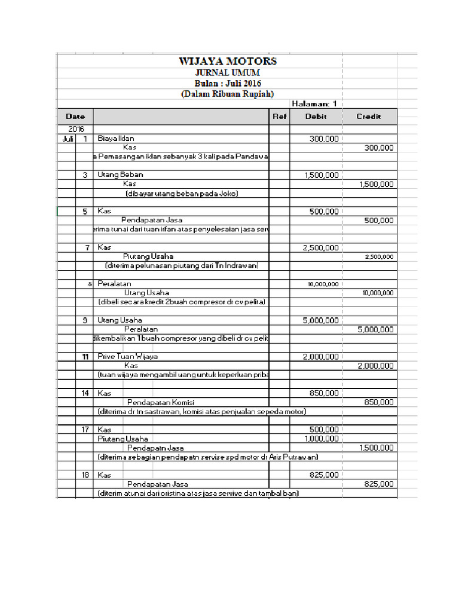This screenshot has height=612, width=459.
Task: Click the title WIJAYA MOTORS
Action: pos(228,62)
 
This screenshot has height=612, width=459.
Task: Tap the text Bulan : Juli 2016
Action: pos(228,83)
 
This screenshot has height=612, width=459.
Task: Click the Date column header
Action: pos(75,117)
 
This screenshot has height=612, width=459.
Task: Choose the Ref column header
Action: pos(279,117)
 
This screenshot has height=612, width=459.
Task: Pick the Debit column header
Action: pos(316,117)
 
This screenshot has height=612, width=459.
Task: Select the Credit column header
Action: pos(368,117)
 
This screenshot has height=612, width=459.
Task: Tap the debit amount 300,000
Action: pos(324,139)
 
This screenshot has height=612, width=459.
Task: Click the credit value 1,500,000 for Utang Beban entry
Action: pos(377,184)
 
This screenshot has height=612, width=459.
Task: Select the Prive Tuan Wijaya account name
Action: pos(127,356)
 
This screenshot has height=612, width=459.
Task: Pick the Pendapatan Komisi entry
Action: pos(160,402)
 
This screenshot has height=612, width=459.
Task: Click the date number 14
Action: pos(85,393)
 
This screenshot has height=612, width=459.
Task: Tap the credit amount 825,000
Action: pos(378,484)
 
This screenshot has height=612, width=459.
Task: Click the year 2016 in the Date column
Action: pos(75,129)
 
